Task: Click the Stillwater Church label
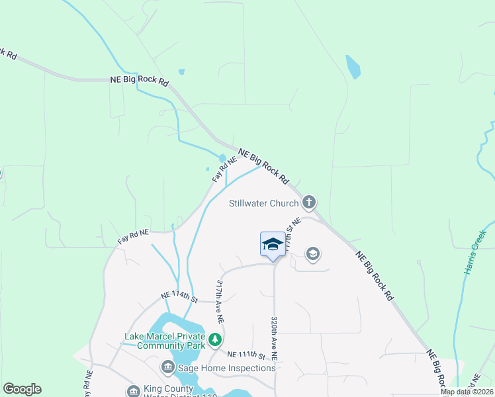[x=263, y=203]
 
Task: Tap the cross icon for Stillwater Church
[x=308, y=202]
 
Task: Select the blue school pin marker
[x=273, y=245]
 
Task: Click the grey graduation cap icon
[x=312, y=253]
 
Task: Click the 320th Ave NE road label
[x=273, y=337]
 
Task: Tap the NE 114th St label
[x=179, y=298]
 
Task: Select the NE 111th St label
[x=246, y=355]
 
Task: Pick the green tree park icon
[x=214, y=340]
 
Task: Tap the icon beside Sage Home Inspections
[x=167, y=367]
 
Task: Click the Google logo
[x=22, y=389]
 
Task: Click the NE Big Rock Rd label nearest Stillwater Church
[x=263, y=165]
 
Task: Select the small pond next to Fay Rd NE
[x=222, y=159]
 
